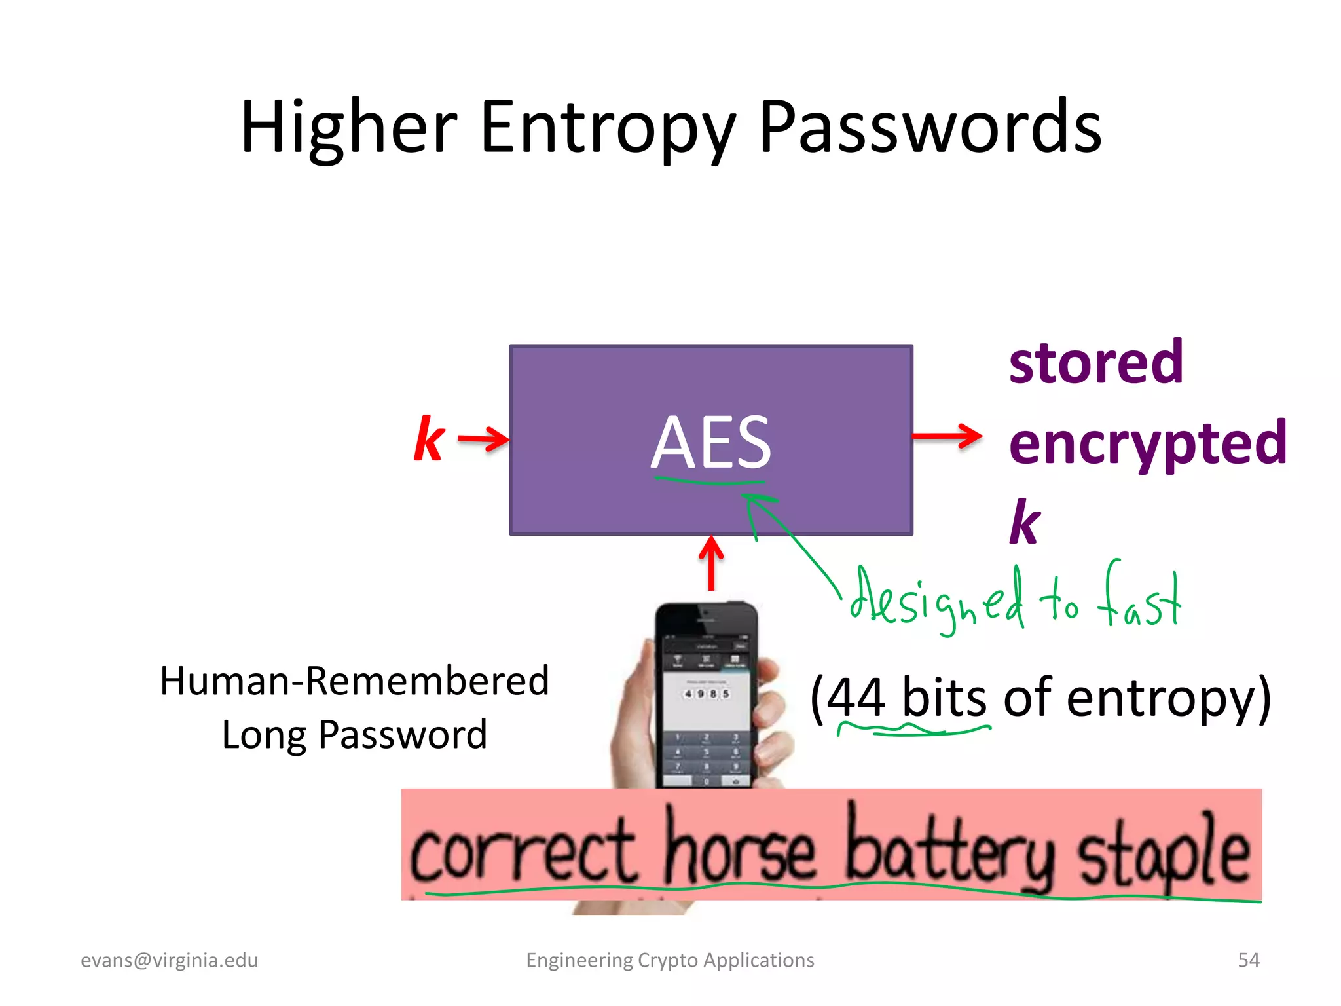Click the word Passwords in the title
(x=930, y=128)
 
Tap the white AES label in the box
(x=710, y=443)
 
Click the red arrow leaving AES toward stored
(x=947, y=436)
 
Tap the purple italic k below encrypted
(x=1025, y=523)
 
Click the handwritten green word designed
(x=936, y=599)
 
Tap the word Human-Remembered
(x=354, y=681)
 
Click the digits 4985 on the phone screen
(x=706, y=693)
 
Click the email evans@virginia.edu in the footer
(x=169, y=960)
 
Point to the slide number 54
(x=1248, y=960)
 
